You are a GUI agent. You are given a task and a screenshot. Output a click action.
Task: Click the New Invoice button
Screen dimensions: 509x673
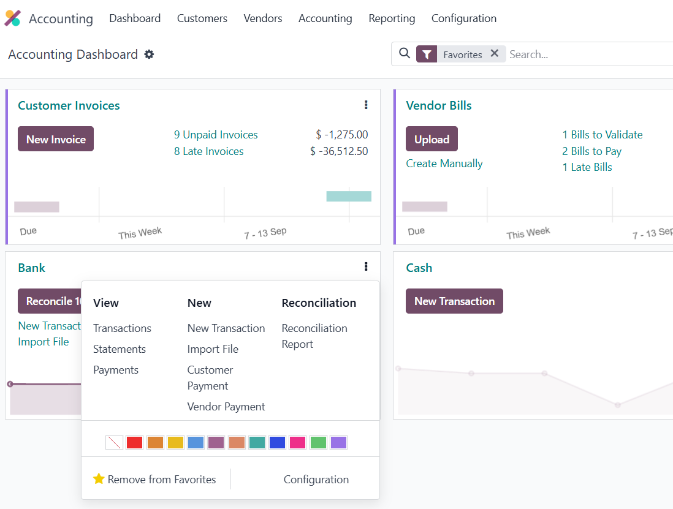(x=56, y=139)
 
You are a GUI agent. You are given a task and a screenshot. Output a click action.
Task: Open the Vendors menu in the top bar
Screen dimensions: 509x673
(x=263, y=18)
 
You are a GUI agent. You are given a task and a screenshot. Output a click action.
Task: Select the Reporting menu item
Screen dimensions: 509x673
(x=392, y=18)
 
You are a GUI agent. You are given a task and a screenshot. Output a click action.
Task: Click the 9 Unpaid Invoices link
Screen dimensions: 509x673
(x=216, y=135)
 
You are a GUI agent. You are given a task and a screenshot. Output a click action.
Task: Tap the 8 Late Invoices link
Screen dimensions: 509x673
(x=208, y=151)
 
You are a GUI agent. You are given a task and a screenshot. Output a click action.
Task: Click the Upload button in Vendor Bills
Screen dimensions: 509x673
(x=432, y=139)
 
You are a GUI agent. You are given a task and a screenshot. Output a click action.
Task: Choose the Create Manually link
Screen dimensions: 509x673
(x=444, y=164)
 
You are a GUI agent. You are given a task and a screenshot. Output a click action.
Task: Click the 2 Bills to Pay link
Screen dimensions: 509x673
(x=591, y=151)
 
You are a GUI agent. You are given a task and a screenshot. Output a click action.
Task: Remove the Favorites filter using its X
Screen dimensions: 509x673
(x=495, y=54)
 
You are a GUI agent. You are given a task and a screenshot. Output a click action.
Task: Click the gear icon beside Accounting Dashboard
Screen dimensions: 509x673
(x=149, y=55)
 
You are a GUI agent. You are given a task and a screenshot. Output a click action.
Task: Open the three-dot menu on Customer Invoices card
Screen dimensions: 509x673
(x=366, y=105)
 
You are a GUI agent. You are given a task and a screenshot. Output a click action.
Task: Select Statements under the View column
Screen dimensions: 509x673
(x=120, y=349)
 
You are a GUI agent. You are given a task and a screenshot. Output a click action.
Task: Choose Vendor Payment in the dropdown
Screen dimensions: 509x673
(x=226, y=407)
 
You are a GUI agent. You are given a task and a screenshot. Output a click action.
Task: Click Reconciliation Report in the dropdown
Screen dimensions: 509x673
(x=314, y=336)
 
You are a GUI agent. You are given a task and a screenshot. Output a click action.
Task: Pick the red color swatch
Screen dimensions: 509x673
(x=134, y=442)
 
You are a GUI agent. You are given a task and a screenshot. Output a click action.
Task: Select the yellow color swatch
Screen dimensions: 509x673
(x=175, y=442)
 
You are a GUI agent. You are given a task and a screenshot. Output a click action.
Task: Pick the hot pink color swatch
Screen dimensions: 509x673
(x=298, y=442)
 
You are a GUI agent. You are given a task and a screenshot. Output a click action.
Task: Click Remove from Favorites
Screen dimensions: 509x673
(x=154, y=480)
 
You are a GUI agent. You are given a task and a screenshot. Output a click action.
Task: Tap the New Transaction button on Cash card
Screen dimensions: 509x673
(x=454, y=301)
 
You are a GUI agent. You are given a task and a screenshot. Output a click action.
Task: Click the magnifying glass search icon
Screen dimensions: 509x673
(x=405, y=54)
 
